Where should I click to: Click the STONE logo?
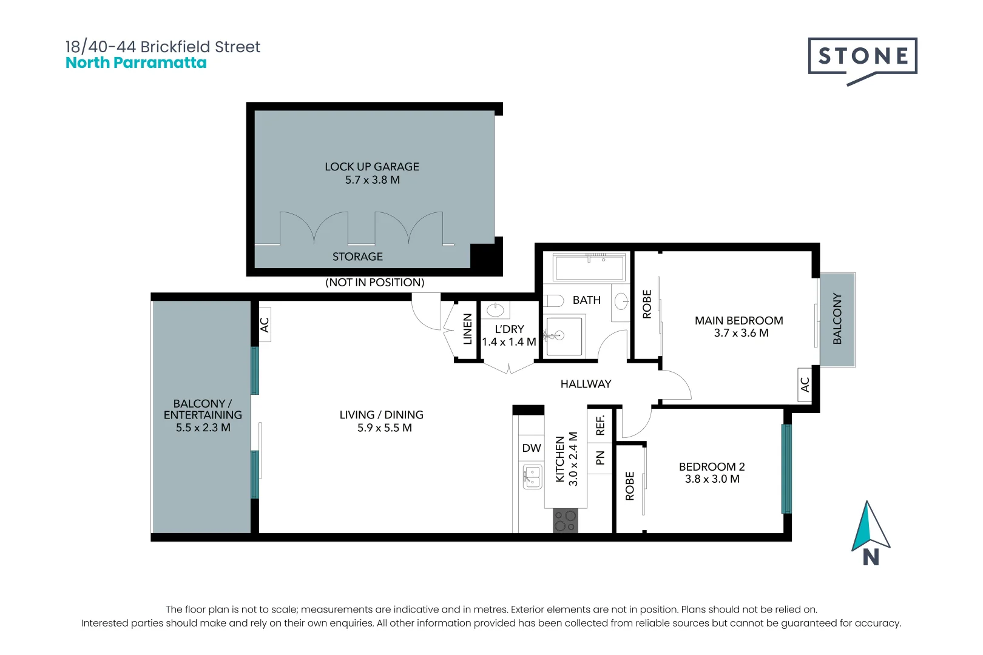[862, 61]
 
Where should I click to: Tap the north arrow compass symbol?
[870, 532]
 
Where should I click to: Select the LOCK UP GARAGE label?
[372, 167]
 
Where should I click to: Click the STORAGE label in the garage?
[357, 257]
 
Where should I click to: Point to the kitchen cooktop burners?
[566, 521]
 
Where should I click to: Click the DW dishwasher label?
[532, 448]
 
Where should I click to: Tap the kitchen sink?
[532, 477]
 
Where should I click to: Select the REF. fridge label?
[600, 425]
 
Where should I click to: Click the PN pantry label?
[600, 457]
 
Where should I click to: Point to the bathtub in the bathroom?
[589, 267]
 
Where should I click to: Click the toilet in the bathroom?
[553, 301]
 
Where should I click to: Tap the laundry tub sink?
[496, 310]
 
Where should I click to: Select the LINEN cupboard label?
[467, 329]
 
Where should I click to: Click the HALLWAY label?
[586, 384]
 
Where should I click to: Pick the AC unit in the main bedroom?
[805, 385]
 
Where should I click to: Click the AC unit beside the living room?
[264, 324]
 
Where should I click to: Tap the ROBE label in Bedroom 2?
[630, 486]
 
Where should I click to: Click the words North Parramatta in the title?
[136, 62]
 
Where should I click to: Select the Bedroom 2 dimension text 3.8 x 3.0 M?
[712, 479]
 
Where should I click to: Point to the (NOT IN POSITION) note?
[375, 282]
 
